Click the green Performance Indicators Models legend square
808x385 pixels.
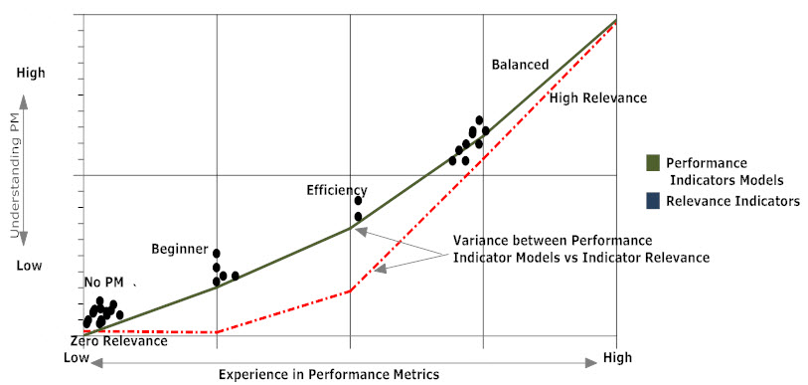click(653, 163)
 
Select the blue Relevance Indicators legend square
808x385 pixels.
click(653, 201)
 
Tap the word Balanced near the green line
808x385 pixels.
click(520, 65)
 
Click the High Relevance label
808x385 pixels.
click(598, 98)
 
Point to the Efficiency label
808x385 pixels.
click(337, 190)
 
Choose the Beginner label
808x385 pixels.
click(179, 250)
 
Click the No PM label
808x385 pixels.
click(103, 283)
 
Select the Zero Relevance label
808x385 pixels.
click(119, 341)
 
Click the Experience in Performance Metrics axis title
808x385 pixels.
click(329, 374)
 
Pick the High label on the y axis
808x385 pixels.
click(31, 74)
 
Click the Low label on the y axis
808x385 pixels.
click(29, 267)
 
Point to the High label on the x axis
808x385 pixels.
click(617, 358)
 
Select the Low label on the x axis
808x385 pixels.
click(77, 358)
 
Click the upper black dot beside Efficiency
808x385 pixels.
click(358, 201)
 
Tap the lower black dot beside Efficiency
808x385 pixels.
click(358, 217)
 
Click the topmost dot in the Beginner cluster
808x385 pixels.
click(217, 254)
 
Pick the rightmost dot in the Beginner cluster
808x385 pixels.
click(235, 277)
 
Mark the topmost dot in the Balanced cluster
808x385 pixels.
click(479, 120)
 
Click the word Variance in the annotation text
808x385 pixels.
click(476, 241)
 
